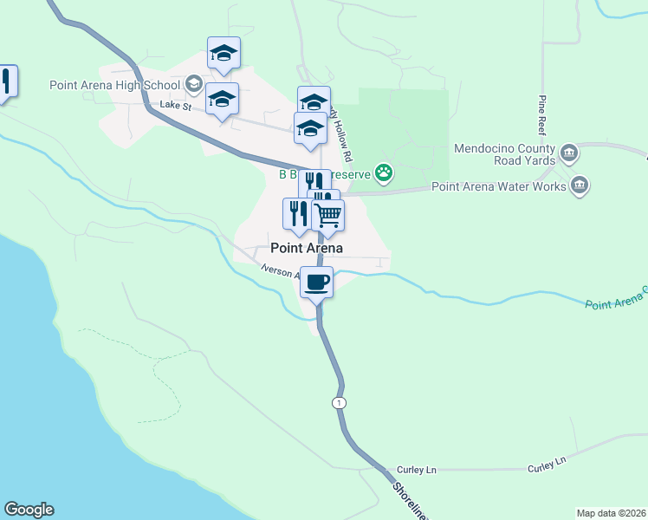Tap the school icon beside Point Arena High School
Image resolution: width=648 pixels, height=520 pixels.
[194, 84]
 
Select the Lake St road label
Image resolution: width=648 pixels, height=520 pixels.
[175, 105]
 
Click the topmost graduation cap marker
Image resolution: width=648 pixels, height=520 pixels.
[224, 54]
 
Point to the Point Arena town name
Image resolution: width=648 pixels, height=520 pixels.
[307, 248]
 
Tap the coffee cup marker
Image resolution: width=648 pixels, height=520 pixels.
[316, 281]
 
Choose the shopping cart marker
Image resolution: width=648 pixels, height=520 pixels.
[328, 215]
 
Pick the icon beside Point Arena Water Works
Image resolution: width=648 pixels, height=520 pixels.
[580, 185]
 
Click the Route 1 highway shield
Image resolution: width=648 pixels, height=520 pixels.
[338, 403]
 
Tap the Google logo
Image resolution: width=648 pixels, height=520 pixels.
[29, 510]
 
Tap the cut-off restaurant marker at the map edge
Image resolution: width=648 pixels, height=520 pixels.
[6, 83]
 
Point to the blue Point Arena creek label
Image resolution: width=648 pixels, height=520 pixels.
[615, 299]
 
